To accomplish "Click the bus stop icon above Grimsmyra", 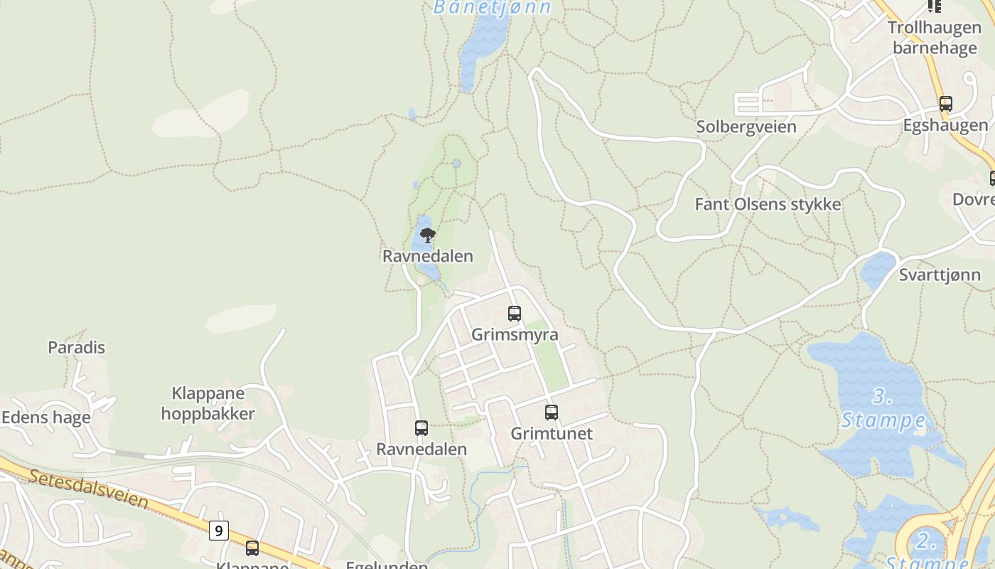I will point(515,314).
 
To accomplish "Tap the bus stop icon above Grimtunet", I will point(552,413).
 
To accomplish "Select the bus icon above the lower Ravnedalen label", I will point(421,428).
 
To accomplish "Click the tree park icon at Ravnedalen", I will point(427,235).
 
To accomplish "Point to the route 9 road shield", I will point(219,531).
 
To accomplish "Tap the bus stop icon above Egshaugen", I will point(946,104).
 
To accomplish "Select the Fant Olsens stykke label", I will point(768,205).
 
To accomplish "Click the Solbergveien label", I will point(746,127).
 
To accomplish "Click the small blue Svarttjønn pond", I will point(878,270).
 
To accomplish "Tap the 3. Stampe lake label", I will point(883,409).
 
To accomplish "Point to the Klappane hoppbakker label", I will point(208,403).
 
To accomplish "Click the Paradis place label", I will point(76,348).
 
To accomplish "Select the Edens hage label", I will point(46,418).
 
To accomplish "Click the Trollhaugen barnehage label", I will point(935,38).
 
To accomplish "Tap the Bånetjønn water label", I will point(493,8).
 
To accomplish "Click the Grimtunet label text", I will point(552,433).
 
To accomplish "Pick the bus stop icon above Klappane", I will point(252,548).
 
